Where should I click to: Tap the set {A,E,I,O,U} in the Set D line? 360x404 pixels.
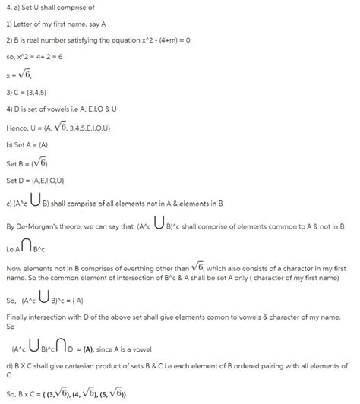point(47,180)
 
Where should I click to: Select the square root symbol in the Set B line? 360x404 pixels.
point(40,162)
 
